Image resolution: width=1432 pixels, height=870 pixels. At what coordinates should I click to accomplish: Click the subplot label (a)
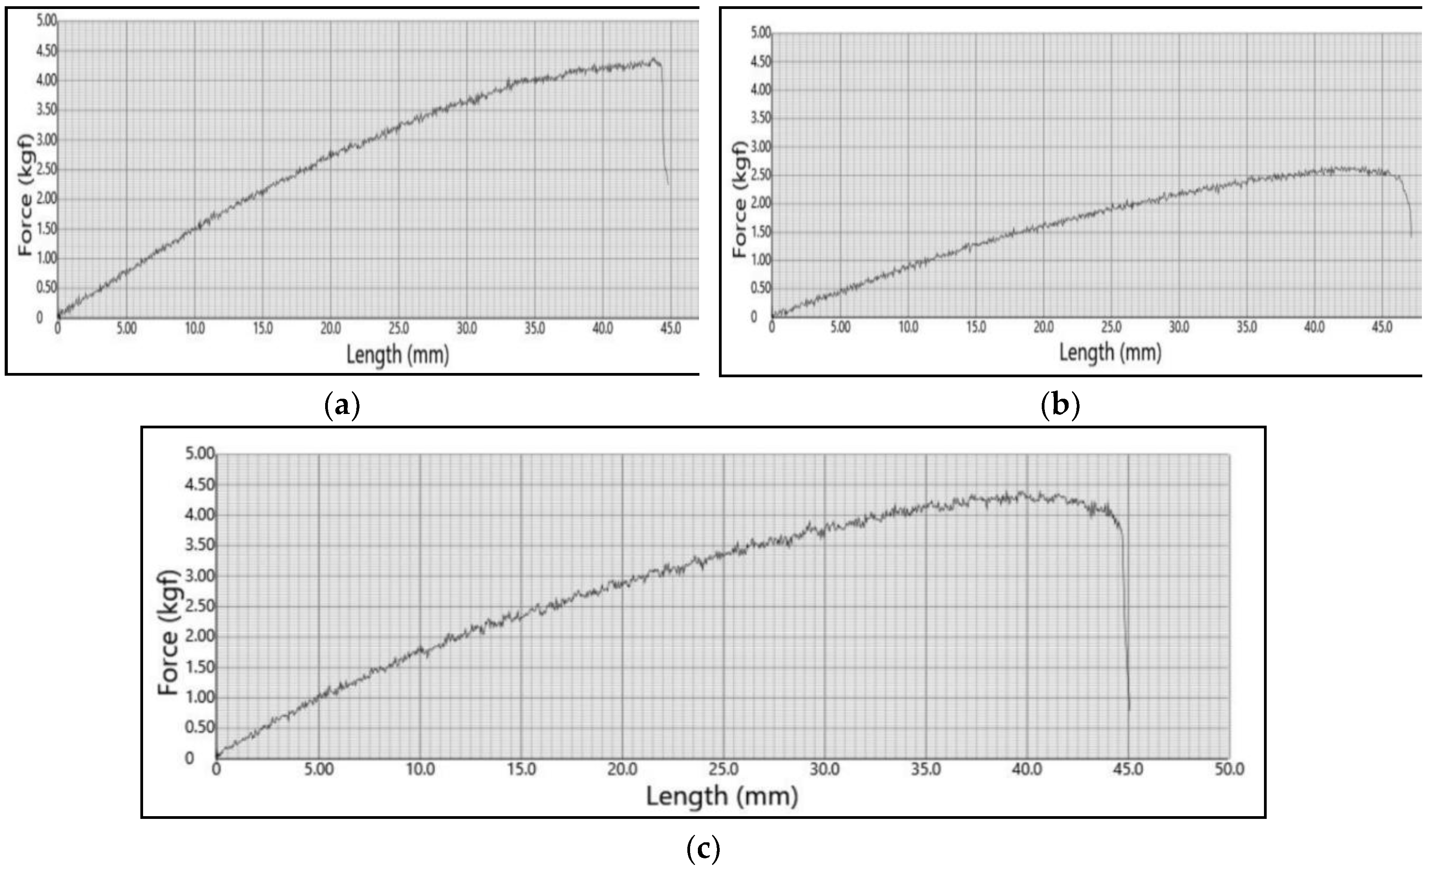click(342, 405)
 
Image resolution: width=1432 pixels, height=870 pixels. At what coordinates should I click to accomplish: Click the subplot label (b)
click(1060, 405)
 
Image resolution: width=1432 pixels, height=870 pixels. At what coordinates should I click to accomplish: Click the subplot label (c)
click(703, 850)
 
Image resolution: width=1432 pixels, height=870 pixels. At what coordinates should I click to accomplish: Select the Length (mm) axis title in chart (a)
click(398, 354)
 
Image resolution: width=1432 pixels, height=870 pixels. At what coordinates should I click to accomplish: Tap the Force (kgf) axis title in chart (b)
click(739, 199)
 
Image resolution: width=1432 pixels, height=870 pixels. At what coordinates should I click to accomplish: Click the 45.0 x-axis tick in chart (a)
click(670, 328)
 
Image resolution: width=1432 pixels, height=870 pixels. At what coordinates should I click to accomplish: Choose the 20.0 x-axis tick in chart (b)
click(1043, 327)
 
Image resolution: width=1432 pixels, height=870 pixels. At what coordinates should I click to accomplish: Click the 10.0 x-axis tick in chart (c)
click(420, 769)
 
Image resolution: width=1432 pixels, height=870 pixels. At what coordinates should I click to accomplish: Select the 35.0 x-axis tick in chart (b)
click(1246, 327)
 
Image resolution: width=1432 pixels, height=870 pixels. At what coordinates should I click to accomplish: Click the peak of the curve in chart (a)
click(654, 59)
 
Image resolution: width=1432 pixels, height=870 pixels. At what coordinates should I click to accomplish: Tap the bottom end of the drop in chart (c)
click(1129, 710)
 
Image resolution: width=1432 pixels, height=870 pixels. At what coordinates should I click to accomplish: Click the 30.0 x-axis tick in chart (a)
click(466, 328)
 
